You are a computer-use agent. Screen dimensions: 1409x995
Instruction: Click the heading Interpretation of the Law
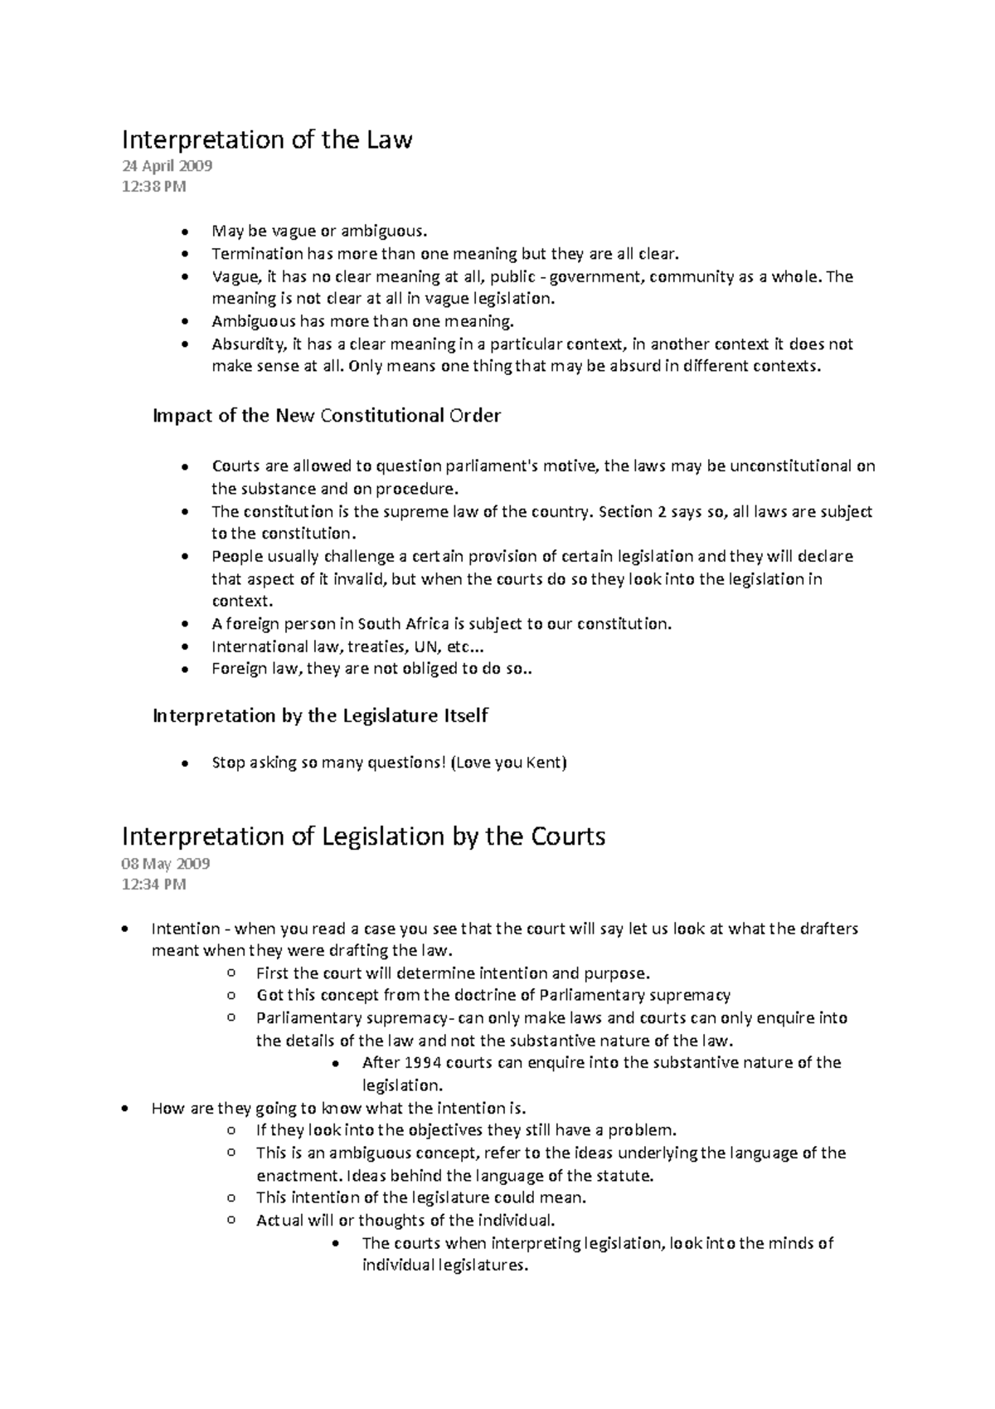point(266,139)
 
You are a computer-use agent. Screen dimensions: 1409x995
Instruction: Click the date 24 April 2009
point(167,166)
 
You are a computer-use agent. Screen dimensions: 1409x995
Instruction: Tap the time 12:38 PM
point(153,187)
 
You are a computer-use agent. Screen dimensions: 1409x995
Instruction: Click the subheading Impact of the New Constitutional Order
point(327,416)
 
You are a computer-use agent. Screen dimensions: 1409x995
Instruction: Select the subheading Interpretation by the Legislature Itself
point(320,715)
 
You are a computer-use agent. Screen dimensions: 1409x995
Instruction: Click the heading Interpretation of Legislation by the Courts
point(363,836)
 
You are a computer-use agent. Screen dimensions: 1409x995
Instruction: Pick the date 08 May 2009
point(165,864)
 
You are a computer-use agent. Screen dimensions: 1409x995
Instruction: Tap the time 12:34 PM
point(153,885)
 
